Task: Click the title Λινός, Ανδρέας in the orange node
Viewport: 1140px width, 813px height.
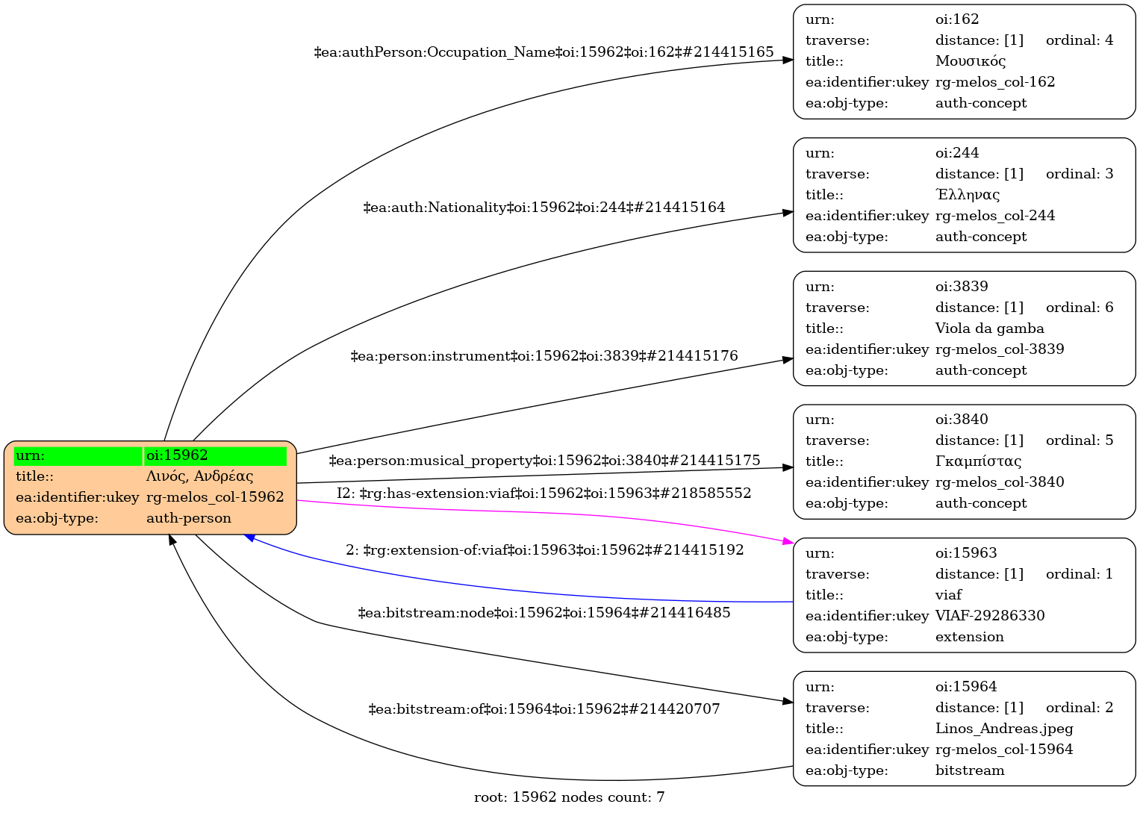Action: pos(199,476)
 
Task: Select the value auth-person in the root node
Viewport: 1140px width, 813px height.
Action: pos(189,518)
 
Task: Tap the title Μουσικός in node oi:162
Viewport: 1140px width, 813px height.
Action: pos(971,61)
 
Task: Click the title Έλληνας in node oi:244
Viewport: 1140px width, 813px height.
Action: pos(968,195)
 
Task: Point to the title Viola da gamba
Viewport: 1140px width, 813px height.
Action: pos(989,328)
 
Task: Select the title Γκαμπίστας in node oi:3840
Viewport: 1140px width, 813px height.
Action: pos(978,461)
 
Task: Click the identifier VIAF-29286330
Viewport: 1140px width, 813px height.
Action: pos(990,616)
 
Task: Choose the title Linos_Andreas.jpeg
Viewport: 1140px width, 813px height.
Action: pos(1004,729)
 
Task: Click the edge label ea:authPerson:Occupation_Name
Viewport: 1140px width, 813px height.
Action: pos(543,52)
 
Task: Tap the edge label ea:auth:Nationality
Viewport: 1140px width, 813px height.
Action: pos(543,208)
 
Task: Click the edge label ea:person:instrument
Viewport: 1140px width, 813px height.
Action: pos(543,356)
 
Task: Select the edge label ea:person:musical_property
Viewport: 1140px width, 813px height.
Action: pos(543,461)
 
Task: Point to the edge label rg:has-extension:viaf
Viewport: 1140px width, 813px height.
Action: pos(543,493)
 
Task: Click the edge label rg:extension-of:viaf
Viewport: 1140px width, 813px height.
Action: pos(544,550)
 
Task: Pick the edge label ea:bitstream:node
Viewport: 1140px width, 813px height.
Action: pos(543,613)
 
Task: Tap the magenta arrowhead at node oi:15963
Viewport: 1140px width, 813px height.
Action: pos(785,541)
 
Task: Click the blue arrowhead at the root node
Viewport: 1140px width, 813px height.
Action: pos(252,537)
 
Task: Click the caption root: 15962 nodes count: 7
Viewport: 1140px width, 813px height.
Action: pos(569,797)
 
